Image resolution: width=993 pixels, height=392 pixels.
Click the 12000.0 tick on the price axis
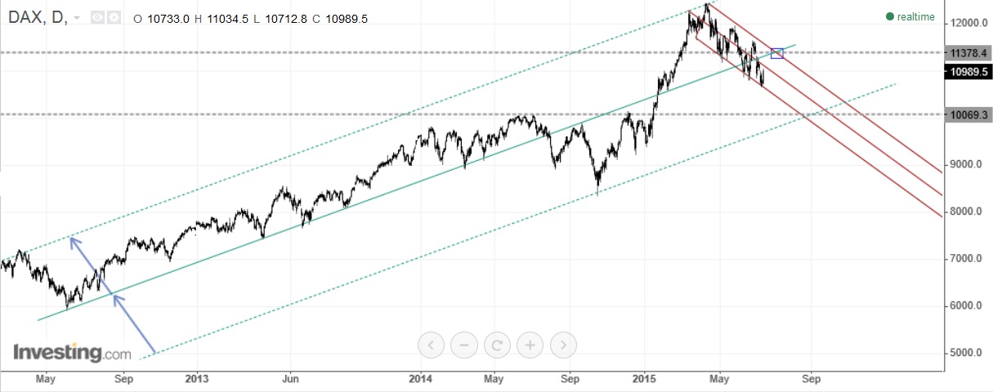pyautogui.click(x=965, y=24)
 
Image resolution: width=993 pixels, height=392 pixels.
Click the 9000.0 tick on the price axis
pyautogui.click(x=965, y=165)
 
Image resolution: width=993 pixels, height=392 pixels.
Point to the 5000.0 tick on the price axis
pyautogui.click(x=965, y=354)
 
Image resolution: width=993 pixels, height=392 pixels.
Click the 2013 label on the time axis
pyautogui.click(x=197, y=379)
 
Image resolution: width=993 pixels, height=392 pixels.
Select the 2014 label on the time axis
pyautogui.click(x=420, y=379)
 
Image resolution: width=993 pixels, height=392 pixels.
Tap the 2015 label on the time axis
pyautogui.click(x=644, y=379)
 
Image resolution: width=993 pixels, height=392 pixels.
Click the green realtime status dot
pyautogui.click(x=890, y=16)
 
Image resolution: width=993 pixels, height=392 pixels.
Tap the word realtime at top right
pyautogui.click(x=916, y=16)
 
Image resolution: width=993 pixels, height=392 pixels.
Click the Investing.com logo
pyautogui.click(x=72, y=354)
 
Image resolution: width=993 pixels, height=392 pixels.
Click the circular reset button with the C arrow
pyautogui.click(x=497, y=345)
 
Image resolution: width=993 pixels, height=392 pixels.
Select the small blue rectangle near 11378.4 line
pyautogui.click(x=776, y=54)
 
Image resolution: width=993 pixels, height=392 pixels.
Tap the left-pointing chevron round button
pyautogui.click(x=431, y=345)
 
